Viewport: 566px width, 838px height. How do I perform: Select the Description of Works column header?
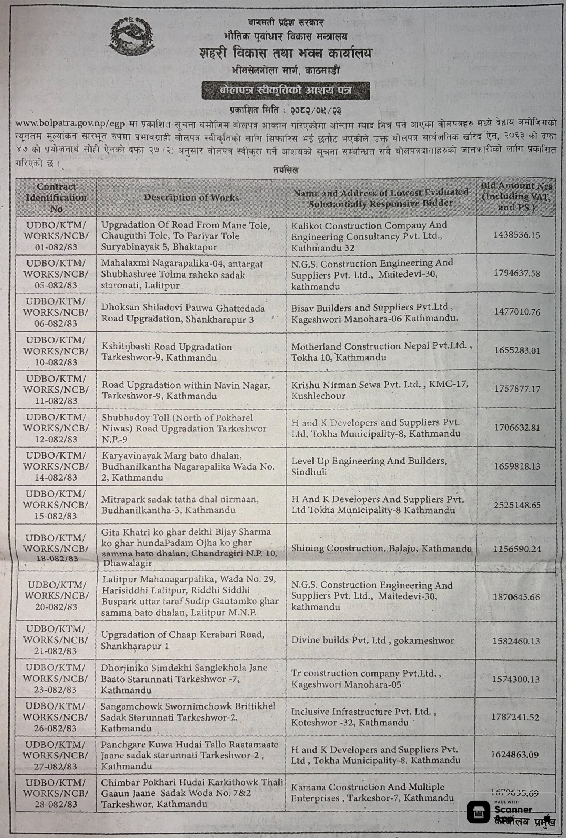(x=191, y=198)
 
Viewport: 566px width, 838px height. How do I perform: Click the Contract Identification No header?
(x=56, y=197)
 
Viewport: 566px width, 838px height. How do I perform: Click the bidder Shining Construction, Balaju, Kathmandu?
(x=381, y=548)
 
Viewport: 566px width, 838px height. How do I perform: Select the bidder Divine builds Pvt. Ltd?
(x=373, y=640)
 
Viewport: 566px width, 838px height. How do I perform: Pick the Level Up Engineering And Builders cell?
(x=369, y=466)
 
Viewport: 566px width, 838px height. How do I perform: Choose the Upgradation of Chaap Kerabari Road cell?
(x=182, y=640)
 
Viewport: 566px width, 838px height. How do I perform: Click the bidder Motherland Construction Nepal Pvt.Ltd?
(x=381, y=352)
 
